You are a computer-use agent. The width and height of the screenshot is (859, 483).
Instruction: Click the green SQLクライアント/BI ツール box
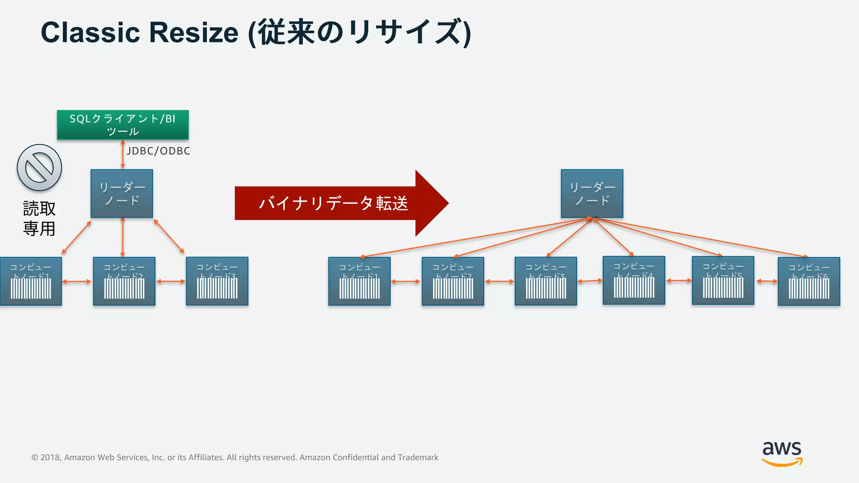[x=123, y=125]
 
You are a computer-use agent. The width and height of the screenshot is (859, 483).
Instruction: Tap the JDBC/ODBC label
[x=158, y=151]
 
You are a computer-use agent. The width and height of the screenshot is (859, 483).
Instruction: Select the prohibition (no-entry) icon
[x=39, y=168]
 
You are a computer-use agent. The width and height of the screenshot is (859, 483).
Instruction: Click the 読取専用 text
[x=39, y=218]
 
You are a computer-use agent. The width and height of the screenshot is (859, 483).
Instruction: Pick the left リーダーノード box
[x=122, y=193]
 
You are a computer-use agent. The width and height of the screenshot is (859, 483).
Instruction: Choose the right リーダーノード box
[x=592, y=193]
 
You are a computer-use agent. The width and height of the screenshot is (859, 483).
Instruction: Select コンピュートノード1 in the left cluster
[x=31, y=281]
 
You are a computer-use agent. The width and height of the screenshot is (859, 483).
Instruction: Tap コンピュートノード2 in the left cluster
[x=124, y=281]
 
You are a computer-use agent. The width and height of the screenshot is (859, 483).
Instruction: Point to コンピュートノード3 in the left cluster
[x=217, y=281]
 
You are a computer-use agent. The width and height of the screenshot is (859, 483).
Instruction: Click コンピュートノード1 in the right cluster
[x=359, y=281]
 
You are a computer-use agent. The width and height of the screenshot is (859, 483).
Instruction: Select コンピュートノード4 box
[x=634, y=280]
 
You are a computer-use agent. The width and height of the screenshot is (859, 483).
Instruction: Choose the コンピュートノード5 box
[x=723, y=280]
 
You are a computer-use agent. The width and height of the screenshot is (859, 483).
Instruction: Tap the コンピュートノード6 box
[x=809, y=281]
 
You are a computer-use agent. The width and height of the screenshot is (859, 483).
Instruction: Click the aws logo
[x=782, y=453]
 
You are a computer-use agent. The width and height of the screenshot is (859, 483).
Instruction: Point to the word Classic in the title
[x=90, y=33]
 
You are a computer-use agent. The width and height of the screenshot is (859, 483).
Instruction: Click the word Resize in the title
[x=193, y=33]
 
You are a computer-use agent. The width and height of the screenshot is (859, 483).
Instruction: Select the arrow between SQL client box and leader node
[x=122, y=154]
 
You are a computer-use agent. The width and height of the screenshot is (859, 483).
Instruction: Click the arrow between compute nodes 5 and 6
[x=766, y=281]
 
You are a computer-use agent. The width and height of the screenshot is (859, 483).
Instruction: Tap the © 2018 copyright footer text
[x=234, y=457]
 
